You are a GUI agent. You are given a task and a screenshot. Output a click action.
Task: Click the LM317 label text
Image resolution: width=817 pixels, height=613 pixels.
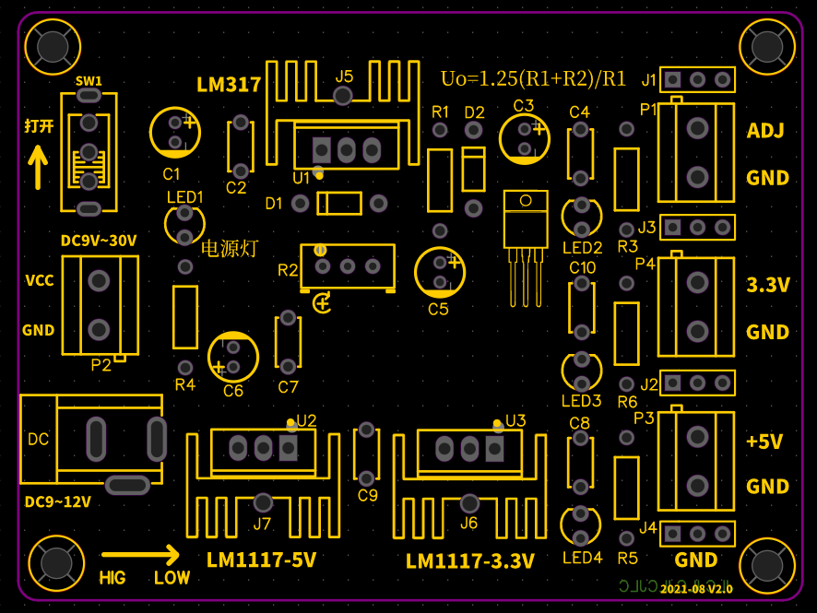pyautogui.click(x=229, y=85)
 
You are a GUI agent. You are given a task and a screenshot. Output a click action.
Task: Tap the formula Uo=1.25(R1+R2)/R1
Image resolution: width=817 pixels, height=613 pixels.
pyautogui.click(x=534, y=78)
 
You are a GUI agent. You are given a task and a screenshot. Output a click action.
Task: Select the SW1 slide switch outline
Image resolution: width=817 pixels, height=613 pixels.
pyautogui.click(x=89, y=153)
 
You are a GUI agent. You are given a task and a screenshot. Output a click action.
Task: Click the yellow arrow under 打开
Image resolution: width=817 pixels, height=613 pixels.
pyautogui.click(x=38, y=167)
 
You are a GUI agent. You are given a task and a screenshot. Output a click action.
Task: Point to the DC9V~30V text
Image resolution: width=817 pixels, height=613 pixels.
pyautogui.click(x=99, y=241)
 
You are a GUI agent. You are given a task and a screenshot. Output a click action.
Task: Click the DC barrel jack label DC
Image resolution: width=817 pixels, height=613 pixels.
pyautogui.click(x=39, y=439)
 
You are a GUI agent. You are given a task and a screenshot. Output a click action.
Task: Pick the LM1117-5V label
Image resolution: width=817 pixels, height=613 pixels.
pyautogui.click(x=261, y=560)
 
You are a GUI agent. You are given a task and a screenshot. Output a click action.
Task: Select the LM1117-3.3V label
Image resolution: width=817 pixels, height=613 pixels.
pyautogui.click(x=470, y=560)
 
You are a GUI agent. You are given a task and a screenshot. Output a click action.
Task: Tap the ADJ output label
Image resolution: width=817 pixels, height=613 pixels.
pyautogui.click(x=765, y=131)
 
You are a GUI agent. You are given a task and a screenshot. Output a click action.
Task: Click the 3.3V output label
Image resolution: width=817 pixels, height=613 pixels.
pyautogui.click(x=768, y=285)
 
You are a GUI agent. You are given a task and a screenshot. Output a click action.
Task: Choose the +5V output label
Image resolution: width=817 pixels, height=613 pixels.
pyautogui.click(x=764, y=442)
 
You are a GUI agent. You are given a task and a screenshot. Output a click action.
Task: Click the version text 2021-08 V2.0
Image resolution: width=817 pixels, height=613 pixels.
pyautogui.click(x=696, y=588)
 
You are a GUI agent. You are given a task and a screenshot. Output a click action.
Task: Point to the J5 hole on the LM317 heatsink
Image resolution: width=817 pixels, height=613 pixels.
pyautogui.click(x=342, y=98)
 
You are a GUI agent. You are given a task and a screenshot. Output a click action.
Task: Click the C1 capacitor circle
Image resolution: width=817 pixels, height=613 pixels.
pyautogui.click(x=175, y=132)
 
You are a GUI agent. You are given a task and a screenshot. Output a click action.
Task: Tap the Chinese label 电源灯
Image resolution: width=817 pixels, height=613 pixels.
pyautogui.click(x=230, y=248)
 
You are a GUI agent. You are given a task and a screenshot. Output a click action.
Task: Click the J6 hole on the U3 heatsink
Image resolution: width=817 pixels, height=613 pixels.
pyautogui.click(x=469, y=503)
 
